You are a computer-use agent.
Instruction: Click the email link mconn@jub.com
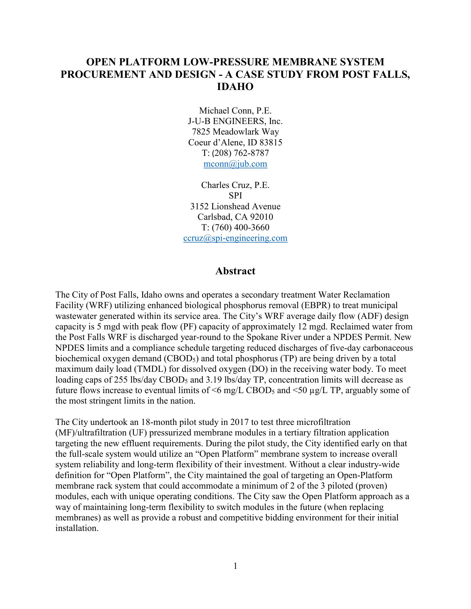click(x=235, y=164)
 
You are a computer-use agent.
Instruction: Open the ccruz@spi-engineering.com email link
click(x=235, y=238)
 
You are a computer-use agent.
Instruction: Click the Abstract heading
click(x=235, y=271)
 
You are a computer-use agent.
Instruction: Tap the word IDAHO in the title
click(x=235, y=87)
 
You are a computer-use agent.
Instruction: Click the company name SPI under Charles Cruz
click(x=235, y=196)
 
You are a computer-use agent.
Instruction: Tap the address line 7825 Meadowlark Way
click(x=235, y=132)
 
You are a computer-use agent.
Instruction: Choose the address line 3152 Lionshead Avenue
click(x=235, y=206)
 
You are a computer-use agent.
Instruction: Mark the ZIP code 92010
click(x=262, y=217)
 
